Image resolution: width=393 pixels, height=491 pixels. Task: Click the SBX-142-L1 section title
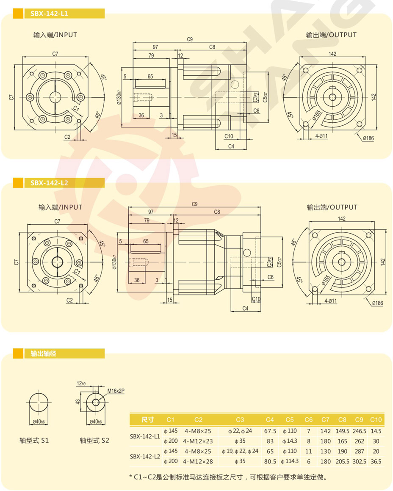click(x=49, y=14)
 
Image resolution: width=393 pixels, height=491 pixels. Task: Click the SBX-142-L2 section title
click(x=49, y=183)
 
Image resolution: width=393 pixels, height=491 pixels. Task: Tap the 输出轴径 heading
click(x=43, y=353)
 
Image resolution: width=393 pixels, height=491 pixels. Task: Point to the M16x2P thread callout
click(x=116, y=391)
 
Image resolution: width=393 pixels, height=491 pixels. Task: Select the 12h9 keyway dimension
click(x=81, y=383)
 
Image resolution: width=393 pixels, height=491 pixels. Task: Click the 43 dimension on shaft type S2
click(x=78, y=401)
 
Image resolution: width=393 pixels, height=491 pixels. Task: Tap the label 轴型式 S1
click(x=34, y=440)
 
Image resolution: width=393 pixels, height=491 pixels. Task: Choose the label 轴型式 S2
click(x=94, y=440)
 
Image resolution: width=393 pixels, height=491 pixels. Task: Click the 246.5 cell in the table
click(x=359, y=431)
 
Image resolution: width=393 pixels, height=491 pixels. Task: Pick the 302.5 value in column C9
click(x=359, y=461)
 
